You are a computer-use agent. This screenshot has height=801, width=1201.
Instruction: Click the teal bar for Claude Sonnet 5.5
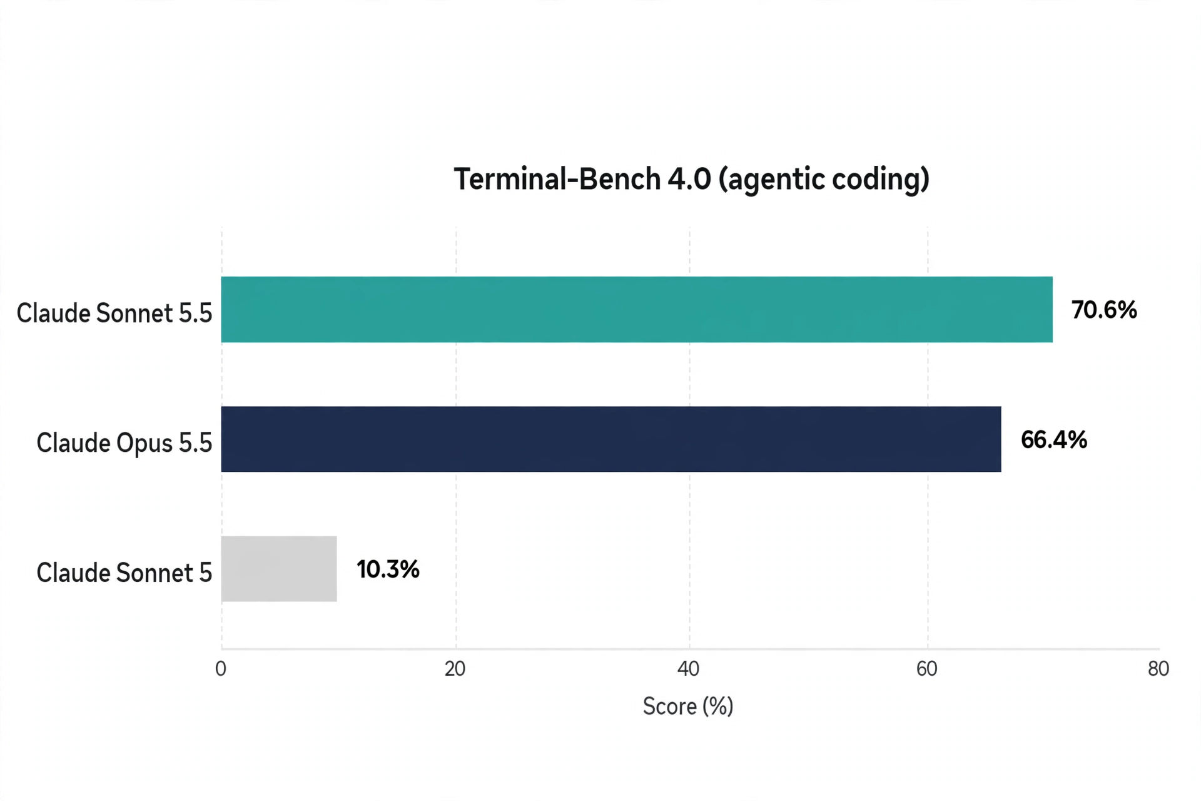coord(637,309)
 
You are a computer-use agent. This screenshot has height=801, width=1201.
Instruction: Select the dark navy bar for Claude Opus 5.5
coord(611,439)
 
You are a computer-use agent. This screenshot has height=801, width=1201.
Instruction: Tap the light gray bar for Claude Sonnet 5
coord(279,569)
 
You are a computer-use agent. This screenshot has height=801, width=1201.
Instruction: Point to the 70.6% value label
coord(1104,310)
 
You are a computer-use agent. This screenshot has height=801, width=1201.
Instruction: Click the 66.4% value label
coord(1054,439)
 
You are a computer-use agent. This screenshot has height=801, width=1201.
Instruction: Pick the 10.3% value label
coord(388,569)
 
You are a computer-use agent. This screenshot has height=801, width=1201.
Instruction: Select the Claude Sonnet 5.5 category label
coord(114,313)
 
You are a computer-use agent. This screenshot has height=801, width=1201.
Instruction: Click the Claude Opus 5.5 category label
coord(124,442)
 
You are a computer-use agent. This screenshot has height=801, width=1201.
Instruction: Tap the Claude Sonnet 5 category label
coord(124,573)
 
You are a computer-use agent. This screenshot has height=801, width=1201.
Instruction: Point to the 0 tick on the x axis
coord(221,668)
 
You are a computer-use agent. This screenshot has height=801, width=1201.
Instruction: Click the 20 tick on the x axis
coord(455,668)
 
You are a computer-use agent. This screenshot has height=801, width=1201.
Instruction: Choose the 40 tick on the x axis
coord(689,668)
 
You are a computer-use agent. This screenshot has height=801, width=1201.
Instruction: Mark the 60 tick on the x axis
coord(927,668)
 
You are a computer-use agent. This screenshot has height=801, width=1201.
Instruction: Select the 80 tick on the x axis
coord(1158,668)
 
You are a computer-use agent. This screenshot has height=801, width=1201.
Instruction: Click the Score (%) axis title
coord(688,707)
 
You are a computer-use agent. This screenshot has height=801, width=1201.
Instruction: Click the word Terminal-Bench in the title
coord(557,179)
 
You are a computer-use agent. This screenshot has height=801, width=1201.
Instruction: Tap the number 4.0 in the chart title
coord(689,179)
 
